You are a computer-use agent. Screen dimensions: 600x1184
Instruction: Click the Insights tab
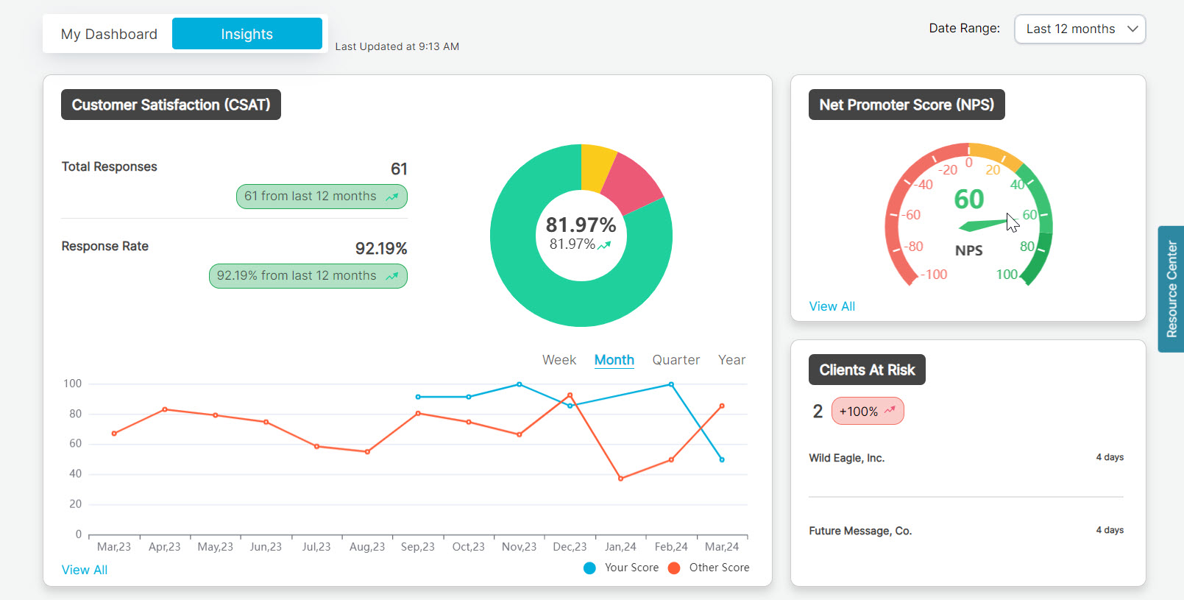tap(247, 34)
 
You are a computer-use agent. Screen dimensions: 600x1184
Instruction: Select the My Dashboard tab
tap(109, 34)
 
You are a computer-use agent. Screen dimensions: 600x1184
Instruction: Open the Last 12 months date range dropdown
tap(1080, 29)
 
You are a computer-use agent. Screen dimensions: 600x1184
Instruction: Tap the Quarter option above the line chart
tap(676, 360)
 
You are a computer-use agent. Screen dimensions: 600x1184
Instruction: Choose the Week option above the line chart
tap(559, 360)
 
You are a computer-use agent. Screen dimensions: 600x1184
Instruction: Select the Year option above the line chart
tap(731, 360)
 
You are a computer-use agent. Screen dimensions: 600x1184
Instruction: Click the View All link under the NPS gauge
tap(832, 306)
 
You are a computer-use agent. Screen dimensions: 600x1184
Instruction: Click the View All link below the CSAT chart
tap(85, 570)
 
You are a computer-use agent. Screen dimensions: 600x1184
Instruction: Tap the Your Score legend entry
tap(622, 568)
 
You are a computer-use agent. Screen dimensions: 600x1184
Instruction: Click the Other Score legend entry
tap(709, 568)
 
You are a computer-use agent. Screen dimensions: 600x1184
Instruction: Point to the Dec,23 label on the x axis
tap(570, 547)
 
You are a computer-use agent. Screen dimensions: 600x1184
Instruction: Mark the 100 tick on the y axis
tap(73, 384)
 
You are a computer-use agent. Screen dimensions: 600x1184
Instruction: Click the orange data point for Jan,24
tap(620, 479)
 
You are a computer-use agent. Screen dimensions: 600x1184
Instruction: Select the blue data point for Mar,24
tap(722, 459)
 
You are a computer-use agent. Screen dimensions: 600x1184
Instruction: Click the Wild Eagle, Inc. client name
tap(846, 458)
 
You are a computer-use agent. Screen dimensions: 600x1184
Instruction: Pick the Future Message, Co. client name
tap(860, 531)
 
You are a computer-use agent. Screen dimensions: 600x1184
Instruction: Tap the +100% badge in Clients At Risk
tap(868, 412)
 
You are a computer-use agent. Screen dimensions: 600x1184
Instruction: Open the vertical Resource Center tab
tap(1171, 289)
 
